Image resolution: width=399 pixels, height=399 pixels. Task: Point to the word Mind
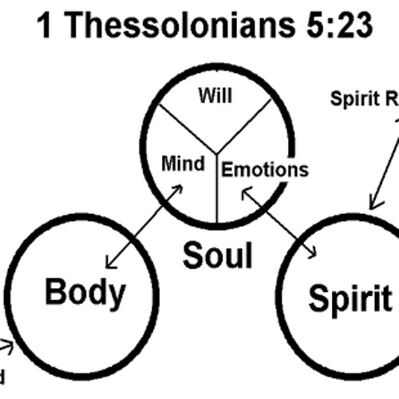tap(184, 164)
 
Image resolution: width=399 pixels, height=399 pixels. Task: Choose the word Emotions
tap(263, 168)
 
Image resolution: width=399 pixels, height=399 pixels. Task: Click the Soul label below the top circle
tap(217, 255)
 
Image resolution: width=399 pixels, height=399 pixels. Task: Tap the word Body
tap(85, 293)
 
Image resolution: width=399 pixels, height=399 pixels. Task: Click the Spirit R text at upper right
tap(364, 100)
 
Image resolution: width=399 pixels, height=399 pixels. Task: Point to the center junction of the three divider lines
tap(217, 152)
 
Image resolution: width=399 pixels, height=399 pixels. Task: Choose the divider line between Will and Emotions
tap(247, 125)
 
